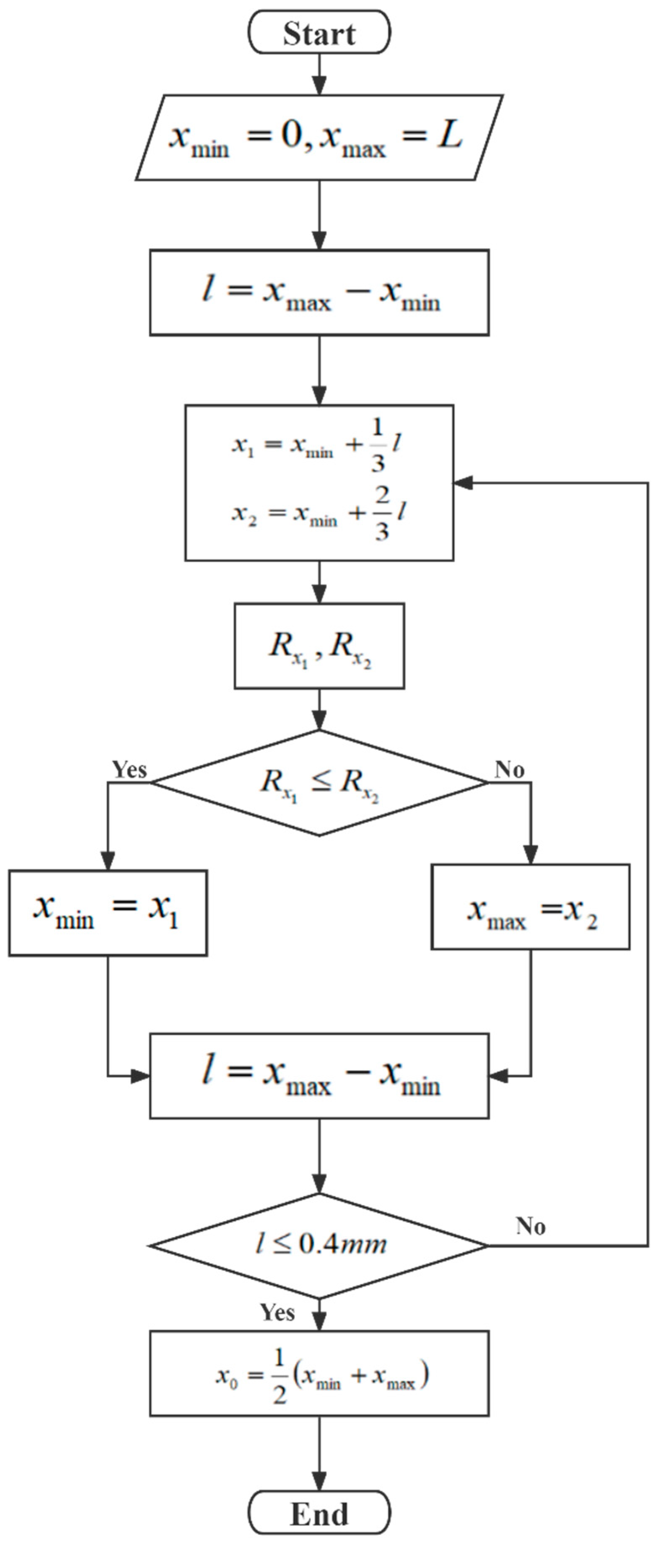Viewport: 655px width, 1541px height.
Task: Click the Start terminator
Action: [x=319, y=32]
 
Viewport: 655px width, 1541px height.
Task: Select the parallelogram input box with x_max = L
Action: [x=319, y=137]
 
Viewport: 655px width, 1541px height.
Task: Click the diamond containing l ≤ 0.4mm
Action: [x=319, y=1245]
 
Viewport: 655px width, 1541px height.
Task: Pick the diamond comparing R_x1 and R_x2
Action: [x=319, y=783]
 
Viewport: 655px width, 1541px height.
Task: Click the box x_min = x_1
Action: [x=108, y=913]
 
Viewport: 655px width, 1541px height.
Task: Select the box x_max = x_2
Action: [x=530, y=907]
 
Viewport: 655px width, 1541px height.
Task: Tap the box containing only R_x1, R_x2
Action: [x=319, y=646]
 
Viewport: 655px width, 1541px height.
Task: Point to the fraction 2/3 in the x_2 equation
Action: [x=382, y=513]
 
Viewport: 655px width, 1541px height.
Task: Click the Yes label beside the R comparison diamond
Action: [x=129, y=770]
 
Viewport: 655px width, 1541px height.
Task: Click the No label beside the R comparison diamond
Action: [x=509, y=770]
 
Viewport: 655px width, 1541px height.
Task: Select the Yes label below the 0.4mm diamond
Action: [x=277, y=1313]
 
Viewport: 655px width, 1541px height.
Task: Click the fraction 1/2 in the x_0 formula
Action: [x=279, y=1375]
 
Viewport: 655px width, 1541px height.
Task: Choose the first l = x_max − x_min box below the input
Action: [x=319, y=293]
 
